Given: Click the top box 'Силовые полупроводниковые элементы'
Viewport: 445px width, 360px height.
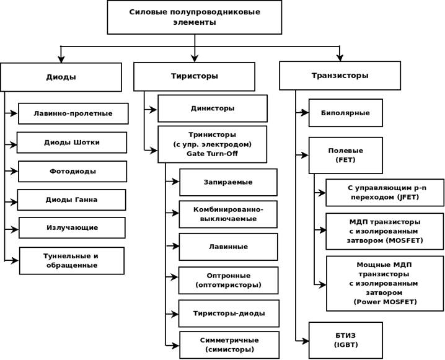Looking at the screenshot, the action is (195, 17).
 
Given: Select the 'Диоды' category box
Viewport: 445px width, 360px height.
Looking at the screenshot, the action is (61, 77).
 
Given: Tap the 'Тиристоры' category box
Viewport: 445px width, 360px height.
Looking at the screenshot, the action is (195, 76).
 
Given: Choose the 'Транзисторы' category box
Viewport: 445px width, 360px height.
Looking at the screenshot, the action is (340, 76).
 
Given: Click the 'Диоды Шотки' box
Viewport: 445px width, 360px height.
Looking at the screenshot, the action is (72, 143).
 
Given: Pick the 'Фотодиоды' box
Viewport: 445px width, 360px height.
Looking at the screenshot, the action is (73, 172).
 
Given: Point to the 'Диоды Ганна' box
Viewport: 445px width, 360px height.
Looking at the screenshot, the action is (71, 200).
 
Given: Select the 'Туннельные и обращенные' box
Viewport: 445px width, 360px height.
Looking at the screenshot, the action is (72, 261).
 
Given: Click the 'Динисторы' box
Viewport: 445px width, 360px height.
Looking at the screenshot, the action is (213, 108).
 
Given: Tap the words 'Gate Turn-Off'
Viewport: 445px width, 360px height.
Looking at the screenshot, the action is (213, 154).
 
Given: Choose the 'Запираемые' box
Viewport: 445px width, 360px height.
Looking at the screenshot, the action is (228, 182).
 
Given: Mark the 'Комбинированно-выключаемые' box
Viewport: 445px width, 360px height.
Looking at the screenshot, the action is (228, 214).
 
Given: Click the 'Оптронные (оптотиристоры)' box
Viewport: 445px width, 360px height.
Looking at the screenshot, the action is (229, 280).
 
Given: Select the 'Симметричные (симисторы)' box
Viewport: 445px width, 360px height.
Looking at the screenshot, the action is (229, 345).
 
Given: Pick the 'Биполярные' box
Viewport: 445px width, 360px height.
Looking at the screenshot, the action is (346, 113).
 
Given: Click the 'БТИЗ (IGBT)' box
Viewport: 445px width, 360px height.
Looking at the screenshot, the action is (346, 340).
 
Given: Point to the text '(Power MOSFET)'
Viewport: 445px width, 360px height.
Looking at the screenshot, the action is (385, 302).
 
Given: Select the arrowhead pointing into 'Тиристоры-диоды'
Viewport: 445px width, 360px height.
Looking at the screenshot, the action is (175, 314).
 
